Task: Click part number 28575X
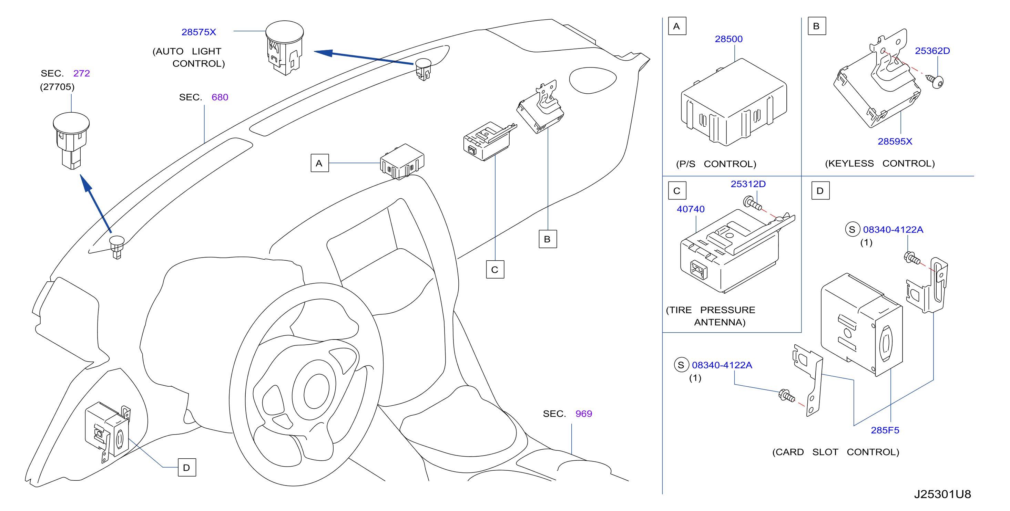coord(198,32)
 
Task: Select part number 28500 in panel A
coord(728,39)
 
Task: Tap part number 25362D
coord(932,51)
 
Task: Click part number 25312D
coord(748,184)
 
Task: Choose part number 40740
coord(691,209)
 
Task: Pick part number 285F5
coord(885,430)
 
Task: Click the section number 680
coord(220,97)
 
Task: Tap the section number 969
coord(583,414)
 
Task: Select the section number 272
coord(82,73)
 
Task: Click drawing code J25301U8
coord(942,494)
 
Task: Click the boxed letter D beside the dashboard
coord(187,468)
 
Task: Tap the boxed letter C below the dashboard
coord(495,270)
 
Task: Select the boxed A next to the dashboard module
coord(319,163)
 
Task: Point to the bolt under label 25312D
coord(752,204)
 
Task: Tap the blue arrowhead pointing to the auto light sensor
coord(324,52)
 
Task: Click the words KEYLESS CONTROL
coord(880,164)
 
